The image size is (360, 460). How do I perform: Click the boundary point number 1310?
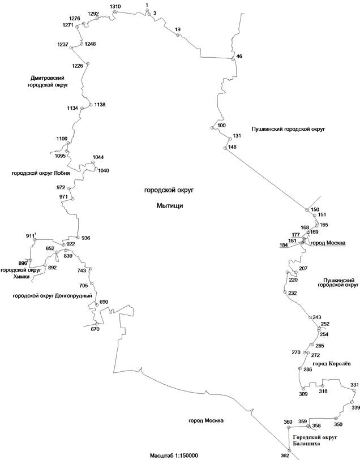click(115, 6)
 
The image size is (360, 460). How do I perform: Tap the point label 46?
click(239, 57)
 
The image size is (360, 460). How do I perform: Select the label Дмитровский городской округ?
click(48, 81)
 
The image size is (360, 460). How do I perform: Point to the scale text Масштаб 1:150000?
click(177, 439)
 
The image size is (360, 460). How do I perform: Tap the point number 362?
click(285, 455)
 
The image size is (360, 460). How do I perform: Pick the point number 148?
click(232, 148)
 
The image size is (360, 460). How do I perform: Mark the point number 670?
click(95, 329)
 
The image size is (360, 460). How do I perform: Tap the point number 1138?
click(100, 105)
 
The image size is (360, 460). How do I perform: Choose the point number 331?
click(354, 385)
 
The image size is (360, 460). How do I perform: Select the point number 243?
click(316, 317)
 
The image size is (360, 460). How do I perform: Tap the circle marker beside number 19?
click(177, 36)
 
